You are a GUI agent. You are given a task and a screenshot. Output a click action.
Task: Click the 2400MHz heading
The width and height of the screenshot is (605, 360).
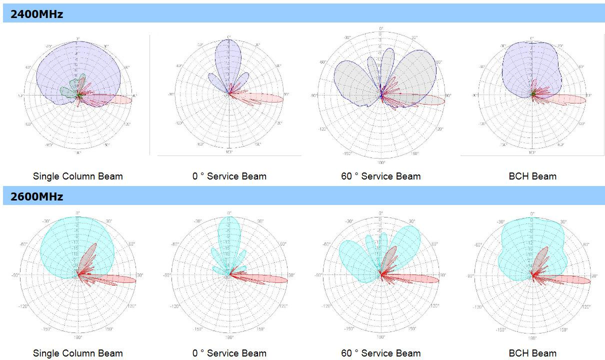pos(37,14)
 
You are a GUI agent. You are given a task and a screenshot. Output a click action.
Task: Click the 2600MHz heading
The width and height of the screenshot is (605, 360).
pos(37,196)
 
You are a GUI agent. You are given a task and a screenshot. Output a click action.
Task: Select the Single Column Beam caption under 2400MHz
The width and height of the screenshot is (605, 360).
pos(77,176)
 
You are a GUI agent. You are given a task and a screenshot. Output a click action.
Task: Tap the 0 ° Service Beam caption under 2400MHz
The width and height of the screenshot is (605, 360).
pos(229,176)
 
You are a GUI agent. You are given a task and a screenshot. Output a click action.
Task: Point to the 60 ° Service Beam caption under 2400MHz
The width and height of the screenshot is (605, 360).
pos(380,176)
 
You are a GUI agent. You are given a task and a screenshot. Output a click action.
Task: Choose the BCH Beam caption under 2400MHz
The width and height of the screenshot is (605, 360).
pos(532,176)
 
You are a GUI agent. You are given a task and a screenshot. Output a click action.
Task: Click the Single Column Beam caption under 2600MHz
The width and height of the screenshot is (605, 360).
pos(77,353)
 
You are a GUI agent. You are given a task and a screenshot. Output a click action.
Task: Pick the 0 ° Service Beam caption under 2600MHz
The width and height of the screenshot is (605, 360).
pos(229,353)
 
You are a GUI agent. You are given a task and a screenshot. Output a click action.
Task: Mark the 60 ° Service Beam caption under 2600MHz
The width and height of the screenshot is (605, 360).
pos(380,353)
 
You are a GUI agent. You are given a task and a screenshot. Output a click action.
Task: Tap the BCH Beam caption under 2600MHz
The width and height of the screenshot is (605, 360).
pos(532,353)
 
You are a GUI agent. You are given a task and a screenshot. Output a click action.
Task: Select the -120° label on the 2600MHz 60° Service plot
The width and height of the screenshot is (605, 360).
pos(326,306)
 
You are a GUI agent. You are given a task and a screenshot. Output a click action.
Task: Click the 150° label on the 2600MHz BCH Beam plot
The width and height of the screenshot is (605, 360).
pos(563,329)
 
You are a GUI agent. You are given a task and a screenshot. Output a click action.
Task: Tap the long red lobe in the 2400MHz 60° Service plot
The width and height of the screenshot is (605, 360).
pos(425,100)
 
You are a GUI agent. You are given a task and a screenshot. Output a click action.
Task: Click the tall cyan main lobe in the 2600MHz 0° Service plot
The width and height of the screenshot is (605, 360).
pos(229,235)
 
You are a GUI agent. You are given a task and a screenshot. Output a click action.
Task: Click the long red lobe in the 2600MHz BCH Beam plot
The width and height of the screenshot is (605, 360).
pos(570,279)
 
